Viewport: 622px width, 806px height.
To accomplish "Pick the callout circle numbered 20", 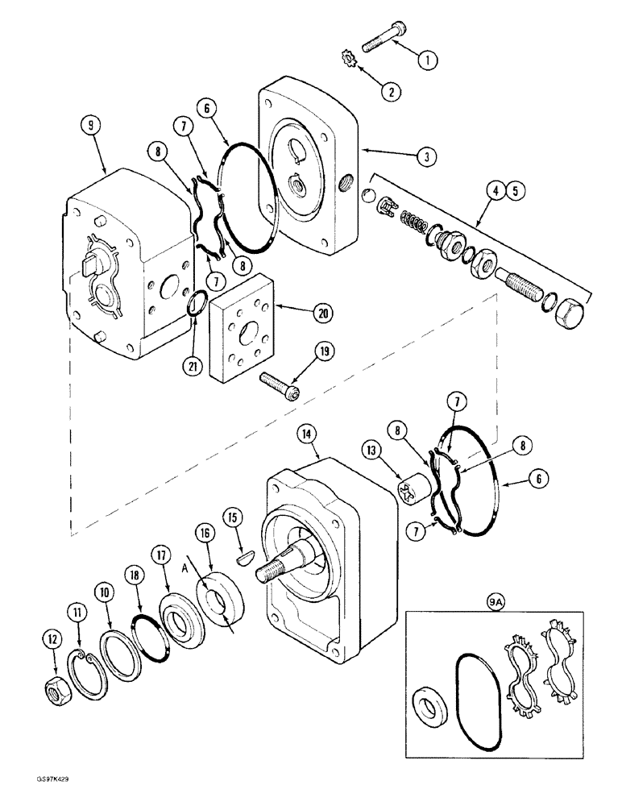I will pyautogui.click(x=301, y=310).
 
